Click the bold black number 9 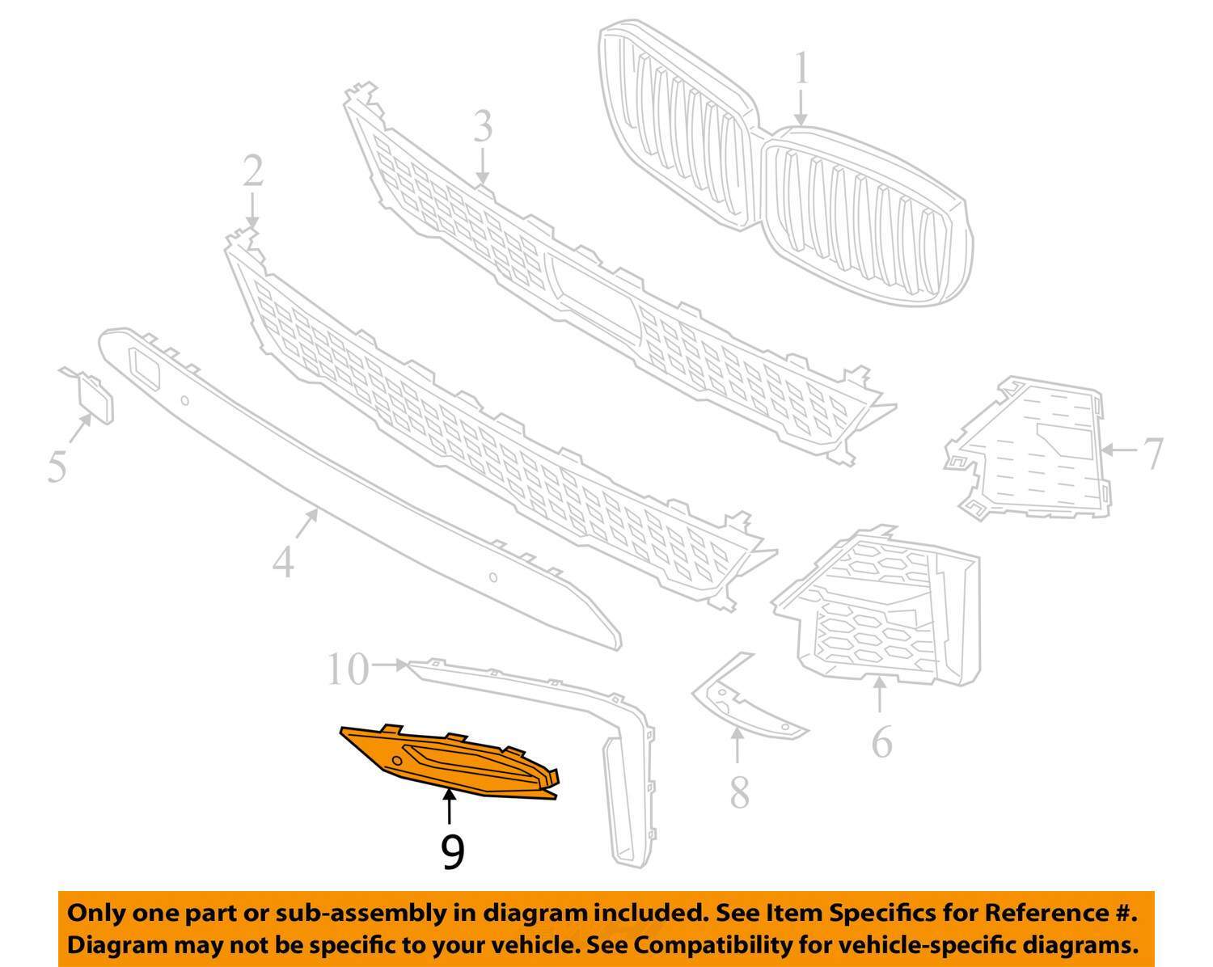[x=453, y=852]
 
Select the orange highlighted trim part [x=453, y=764]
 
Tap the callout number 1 [x=801, y=70]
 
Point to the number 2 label [x=253, y=171]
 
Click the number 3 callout [x=483, y=127]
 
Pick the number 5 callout [x=56, y=467]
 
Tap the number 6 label [x=881, y=741]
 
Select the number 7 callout [x=1152, y=453]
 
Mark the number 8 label [x=739, y=792]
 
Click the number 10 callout [x=349, y=669]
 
